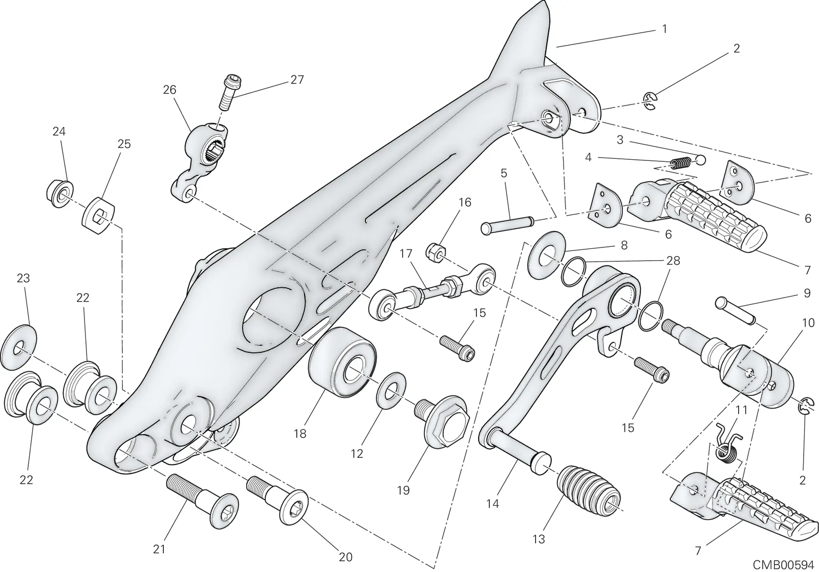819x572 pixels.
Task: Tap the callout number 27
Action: pos(297,80)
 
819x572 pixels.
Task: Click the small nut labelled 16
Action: pos(436,251)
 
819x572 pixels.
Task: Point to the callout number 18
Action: pos(300,434)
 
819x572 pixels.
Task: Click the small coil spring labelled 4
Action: pos(681,163)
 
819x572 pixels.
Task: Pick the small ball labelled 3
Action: pos(701,160)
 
